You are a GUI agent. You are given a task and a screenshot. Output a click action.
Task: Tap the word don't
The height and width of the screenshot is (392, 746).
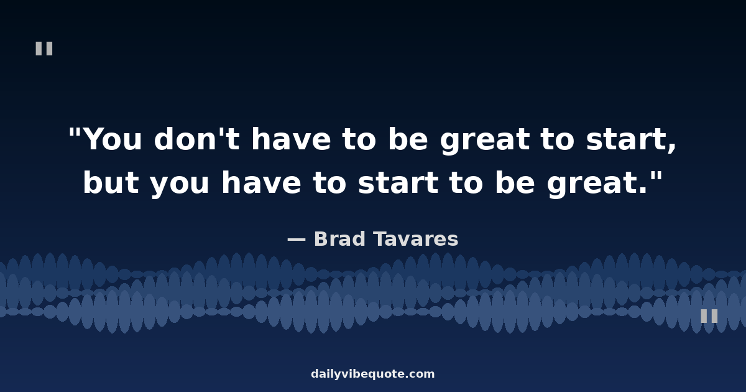pyautogui.click(x=197, y=138)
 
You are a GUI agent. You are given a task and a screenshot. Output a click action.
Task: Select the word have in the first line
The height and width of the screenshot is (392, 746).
pyautogui.click(x=291, y=138)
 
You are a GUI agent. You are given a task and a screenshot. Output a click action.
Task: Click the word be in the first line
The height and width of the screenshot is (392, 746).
pyautogui.click(x=408, y=138)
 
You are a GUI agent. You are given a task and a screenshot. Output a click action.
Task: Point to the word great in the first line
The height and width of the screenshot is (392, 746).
pyautogui.click(x=484, y=141)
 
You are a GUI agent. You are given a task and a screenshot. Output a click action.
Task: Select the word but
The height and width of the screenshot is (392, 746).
pyautogui.click(x=111, y=182)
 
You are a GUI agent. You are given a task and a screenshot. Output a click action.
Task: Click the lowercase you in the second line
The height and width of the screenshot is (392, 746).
pyautogui.click(x=180, y=185)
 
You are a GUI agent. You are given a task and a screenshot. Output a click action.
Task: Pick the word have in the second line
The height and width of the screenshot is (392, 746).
pyautogui.click(x=261, y=182)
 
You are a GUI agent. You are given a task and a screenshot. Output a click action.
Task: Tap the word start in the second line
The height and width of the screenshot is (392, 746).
pyautogui.click(x=398, y=183)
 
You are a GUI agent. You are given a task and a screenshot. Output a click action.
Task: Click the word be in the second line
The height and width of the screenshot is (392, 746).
pyautogui.click(x=515, y=182)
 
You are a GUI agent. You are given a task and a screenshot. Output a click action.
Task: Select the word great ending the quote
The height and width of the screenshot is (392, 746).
pyautogui.click(x=592, y=184)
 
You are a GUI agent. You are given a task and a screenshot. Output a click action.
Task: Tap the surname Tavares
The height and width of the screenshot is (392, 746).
pyautogui.click(x=416, y=239)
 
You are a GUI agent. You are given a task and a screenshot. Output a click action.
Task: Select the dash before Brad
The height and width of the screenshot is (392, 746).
pyautogui.click(x=297, y=240)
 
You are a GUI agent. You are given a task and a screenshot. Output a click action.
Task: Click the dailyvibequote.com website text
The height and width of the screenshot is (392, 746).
pyautogui.click(x=372, y=374)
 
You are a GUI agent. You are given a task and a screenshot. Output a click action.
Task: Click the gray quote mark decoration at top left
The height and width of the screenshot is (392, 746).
pyautogui.click(x=44, y=49)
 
